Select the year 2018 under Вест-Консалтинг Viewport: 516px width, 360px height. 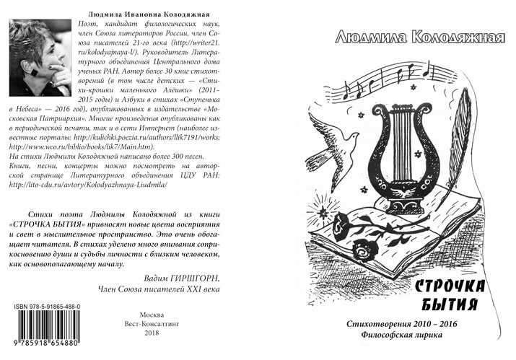click(x=152, y=333)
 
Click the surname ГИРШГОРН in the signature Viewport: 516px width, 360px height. click(x=195, y=277)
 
